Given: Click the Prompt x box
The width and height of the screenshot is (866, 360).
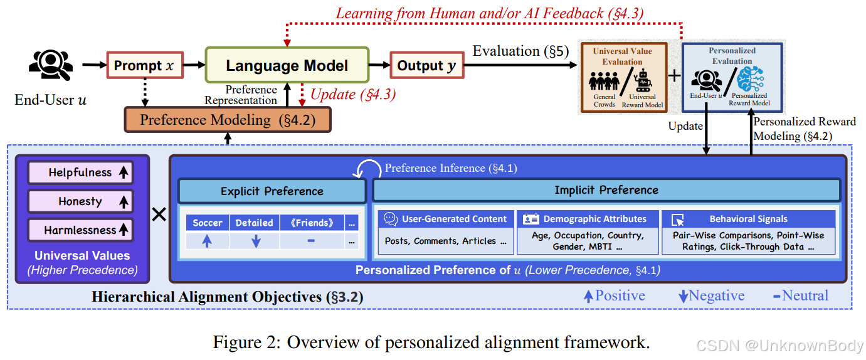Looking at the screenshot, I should pos(144,65).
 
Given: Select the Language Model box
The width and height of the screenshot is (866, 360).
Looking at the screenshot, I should pos(287,65).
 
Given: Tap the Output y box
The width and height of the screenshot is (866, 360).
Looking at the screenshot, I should pos(427,65).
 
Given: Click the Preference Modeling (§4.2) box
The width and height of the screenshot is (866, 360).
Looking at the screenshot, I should pos(227,119).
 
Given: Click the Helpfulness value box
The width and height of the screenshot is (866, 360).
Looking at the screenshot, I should pos(80,172).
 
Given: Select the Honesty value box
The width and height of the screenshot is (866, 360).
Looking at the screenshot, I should pos(80,201).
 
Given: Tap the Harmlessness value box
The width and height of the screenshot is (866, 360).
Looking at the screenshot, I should pos(80,230).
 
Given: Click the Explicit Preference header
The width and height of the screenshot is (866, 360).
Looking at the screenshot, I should pos(272,191).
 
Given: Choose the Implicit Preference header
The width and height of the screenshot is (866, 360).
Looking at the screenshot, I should pos(606,190).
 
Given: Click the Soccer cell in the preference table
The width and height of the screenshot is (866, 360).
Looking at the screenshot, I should pos(208,223).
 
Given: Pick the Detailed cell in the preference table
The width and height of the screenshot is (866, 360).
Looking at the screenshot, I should pos(254,223).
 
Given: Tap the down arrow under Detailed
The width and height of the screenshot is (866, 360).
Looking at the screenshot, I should pos(255,241).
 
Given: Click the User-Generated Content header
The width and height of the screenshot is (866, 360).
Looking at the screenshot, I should pos(446,219).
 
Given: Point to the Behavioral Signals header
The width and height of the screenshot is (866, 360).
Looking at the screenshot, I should pos(749,219).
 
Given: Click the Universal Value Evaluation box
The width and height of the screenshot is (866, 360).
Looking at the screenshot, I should pos(622,77).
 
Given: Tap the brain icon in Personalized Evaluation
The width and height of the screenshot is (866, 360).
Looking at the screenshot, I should pos(751,80).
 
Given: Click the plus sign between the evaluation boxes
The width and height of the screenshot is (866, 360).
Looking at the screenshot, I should pos(674,76).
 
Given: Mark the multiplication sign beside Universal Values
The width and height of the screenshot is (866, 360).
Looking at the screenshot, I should pos(159,214).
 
